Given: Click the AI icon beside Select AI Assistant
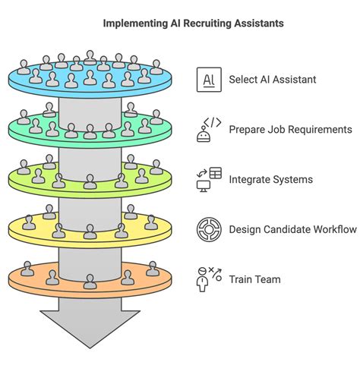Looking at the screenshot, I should pyautogui.click(x=208, y=79).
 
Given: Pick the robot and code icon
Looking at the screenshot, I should pyautogui.click(x=208, y=129).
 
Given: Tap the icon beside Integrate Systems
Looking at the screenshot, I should pyautogui.click(x=208, y=179).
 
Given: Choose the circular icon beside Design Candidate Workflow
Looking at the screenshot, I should pyautogui.click(x=208, y=229).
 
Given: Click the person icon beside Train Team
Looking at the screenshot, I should pyautogui.click(x=208, y=279).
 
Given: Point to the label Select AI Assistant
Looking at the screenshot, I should pyautogui.click(x=273, y=79).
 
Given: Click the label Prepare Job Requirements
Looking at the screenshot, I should pyautogui.click(x=290, y=129).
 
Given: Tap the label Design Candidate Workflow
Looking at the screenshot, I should pyautogui.click(x=292, y=229).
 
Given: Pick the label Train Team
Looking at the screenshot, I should pyautogui.click(x=254, y=279).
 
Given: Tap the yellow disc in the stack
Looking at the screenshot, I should pyautogui.click(x=90, y=231).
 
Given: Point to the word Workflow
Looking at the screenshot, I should pyautogui.click(x=335, y=229).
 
